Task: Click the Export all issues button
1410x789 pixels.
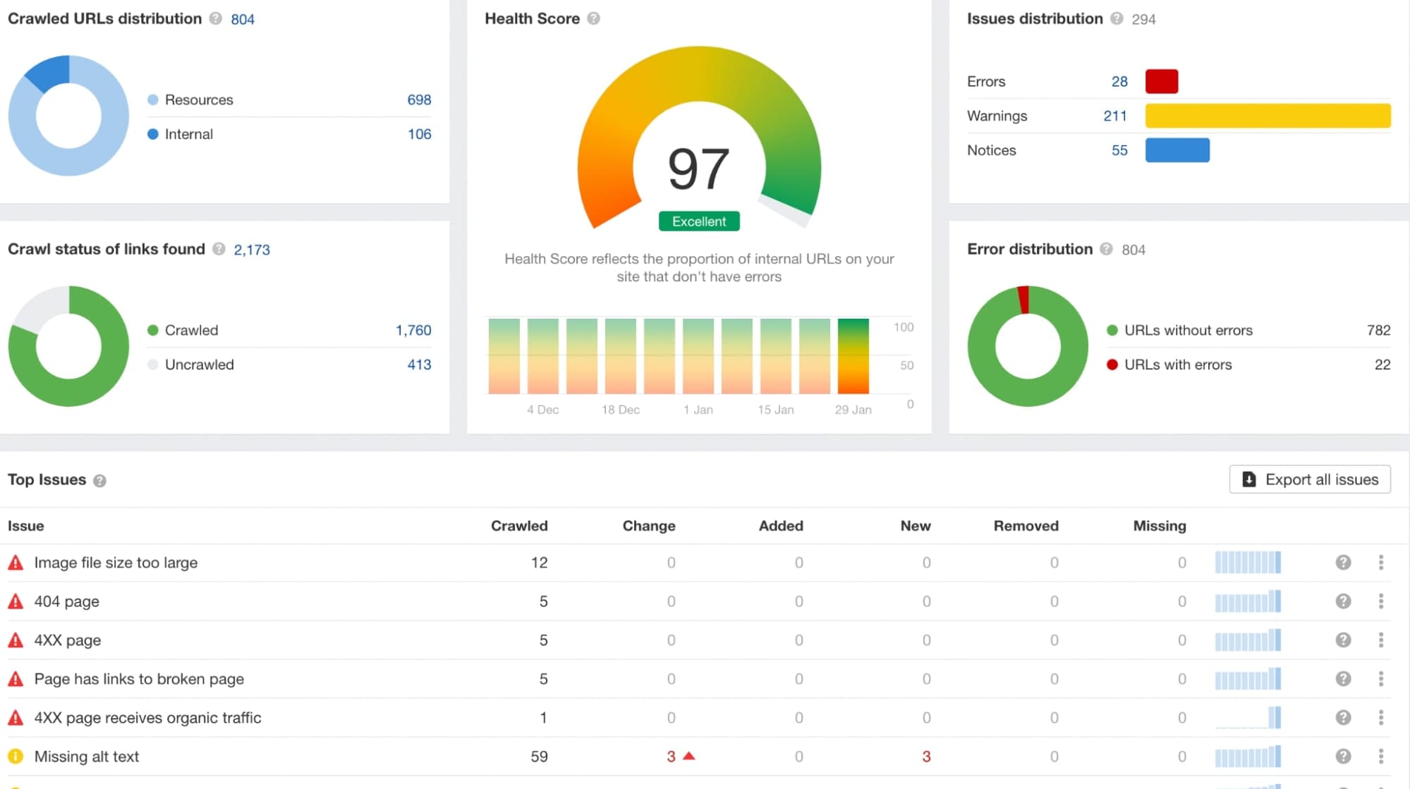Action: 1310,479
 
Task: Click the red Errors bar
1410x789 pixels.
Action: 1162,82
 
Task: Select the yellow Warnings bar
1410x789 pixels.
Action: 1268,116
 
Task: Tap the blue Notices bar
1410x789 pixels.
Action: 1177,150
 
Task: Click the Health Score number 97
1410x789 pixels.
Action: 698,169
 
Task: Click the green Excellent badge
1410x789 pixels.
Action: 699,221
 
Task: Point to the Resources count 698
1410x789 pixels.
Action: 419,100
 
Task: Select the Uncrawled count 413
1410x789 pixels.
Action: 419,365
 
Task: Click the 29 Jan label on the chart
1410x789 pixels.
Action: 853,410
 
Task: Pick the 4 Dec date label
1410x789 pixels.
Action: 542,410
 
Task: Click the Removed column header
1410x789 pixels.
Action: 1026,526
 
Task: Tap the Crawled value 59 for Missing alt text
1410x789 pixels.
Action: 539,757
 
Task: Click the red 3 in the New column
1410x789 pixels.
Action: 926,757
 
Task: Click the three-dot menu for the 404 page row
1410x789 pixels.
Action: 1380,601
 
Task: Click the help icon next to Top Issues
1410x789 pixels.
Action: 99,481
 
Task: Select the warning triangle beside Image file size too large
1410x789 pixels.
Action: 16,563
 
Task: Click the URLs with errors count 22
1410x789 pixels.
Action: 1382,365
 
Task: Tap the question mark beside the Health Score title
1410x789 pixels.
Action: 593,18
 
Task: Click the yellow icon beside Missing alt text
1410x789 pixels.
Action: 16,757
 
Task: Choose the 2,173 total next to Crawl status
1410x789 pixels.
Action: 252,250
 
